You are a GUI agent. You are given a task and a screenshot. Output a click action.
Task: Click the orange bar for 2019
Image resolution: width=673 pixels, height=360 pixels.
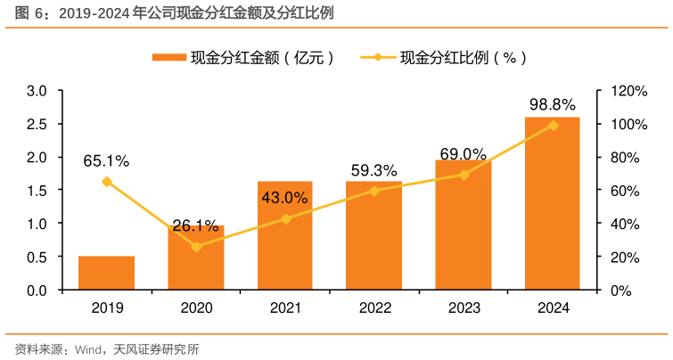106,273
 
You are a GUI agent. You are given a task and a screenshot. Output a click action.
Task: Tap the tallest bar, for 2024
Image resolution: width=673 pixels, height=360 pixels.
552,205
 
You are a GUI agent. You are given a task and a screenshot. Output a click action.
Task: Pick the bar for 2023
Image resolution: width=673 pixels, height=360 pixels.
463,227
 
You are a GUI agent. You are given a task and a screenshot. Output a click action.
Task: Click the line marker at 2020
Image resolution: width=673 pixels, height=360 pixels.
196,247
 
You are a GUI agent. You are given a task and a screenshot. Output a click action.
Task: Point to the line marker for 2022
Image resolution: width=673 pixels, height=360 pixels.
373,191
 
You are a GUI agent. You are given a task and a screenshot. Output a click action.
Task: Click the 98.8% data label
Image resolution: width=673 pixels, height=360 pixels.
553,104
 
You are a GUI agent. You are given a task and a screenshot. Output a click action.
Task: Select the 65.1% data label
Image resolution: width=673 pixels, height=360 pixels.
106,161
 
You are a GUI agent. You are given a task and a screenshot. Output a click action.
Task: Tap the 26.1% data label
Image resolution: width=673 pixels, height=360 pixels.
195,225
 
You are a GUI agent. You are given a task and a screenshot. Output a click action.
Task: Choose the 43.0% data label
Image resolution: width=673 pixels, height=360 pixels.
284,198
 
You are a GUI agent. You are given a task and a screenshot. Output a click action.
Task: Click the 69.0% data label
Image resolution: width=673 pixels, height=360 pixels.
463,154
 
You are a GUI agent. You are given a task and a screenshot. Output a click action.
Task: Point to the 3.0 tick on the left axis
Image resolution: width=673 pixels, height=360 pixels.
37,91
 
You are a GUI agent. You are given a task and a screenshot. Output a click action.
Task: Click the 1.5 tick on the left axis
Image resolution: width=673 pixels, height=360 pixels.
37,191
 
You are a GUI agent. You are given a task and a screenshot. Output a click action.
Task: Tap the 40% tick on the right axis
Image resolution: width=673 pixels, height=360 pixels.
623,224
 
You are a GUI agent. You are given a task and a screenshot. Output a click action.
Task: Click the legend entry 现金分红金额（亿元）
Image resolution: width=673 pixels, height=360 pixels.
243,58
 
